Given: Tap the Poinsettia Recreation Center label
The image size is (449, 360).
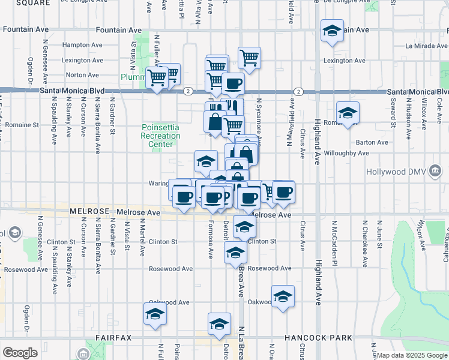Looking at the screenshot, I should coord(161,136).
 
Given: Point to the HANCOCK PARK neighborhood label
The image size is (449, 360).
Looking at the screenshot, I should coord(319,338).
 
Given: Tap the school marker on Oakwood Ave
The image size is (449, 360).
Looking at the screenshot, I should coord(283,296).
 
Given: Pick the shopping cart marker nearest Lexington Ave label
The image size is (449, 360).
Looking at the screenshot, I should coord(249,58).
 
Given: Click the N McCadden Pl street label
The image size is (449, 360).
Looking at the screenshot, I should coord(334,235).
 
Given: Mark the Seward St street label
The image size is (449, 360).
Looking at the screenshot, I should coord(394,115).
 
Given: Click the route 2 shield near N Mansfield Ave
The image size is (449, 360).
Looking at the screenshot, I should coord(298,91).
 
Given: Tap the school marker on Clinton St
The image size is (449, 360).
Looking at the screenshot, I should coord(244,227).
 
